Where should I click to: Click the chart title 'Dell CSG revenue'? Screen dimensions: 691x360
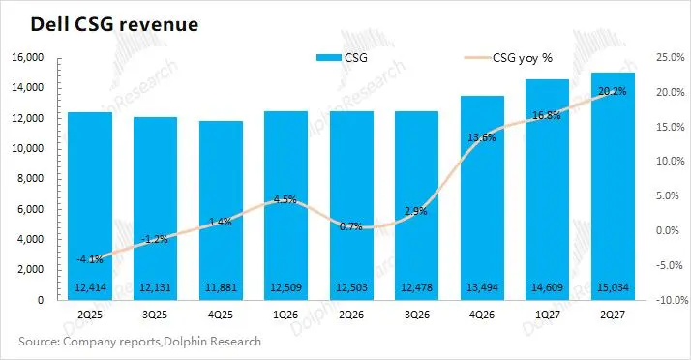pos(114,24)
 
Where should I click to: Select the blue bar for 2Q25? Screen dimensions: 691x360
pos(90,206)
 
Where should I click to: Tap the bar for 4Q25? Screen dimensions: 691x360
pos(221,211)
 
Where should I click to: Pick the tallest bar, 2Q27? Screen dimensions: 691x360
pos(613,187)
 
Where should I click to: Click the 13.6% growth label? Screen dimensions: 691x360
pos(482,138)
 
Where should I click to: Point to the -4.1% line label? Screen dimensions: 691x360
pos(89,259)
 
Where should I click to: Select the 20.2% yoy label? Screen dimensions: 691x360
pos(612,91)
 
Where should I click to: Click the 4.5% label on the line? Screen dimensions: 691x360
pos(285,199)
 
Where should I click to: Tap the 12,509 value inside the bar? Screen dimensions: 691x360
pos(286,287)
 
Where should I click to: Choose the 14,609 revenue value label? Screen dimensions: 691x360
pos(548,287)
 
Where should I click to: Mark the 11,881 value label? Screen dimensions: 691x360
pos(221,287)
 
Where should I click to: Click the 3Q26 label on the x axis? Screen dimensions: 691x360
pos(417,315)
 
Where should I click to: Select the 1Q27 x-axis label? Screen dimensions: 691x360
pos(548,315)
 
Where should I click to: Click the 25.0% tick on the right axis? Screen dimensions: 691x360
pos(671,58)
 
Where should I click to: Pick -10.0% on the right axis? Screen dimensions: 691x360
pos(672,300)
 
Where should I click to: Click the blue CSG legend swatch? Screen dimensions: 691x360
pos(329,58)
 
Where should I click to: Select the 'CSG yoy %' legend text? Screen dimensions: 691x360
pos(523,58)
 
